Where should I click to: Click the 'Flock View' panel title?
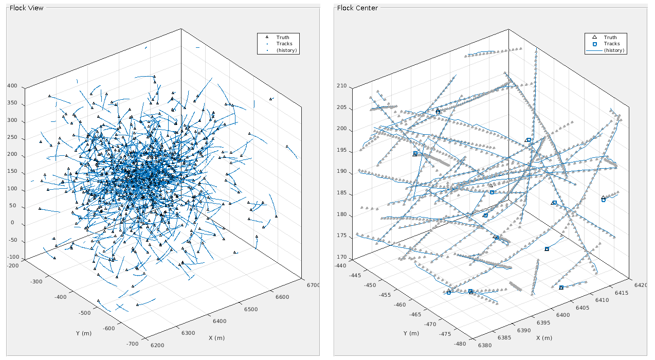[26, 8]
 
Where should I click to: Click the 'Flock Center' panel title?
[357, 8]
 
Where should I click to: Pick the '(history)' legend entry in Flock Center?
[614, 50]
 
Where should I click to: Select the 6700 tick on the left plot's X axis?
[312, 285]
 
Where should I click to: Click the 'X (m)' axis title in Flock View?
[216, 338]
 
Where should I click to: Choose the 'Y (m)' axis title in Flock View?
[83, 333]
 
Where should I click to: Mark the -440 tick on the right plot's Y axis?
[340, 265]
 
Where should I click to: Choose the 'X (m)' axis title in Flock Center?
[544, 338]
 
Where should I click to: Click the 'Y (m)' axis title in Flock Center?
[411, 333]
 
